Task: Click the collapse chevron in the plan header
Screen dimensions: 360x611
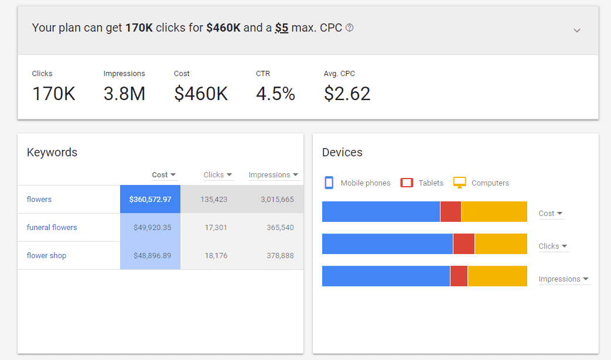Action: (x=577, y=30)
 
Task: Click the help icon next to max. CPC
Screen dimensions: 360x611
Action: (x=350, y=28)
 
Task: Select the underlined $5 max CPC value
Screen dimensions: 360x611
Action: (x=281, y=28)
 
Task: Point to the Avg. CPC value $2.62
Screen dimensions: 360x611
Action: (x=347, y=94)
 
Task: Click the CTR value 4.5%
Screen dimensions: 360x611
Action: (x=275, y=94)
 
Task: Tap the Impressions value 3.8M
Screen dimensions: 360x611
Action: (x=124, y=94)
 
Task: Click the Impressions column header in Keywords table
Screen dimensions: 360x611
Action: (x=273, y=174)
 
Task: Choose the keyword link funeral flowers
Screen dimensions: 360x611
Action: (x=52, y=227)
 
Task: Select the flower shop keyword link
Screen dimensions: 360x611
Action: (x=46, y=255)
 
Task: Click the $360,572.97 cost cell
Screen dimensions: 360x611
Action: (x=150, y=200)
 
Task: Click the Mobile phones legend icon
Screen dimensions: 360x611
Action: (x=329, y=183)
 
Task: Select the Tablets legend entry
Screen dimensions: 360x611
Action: (x=422, y=183)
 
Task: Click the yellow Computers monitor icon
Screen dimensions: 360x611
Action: (x=460, y=183)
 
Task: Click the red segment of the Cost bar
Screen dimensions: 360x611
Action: (x=450, y=211)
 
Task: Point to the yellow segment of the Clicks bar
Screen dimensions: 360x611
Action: (x=501, y=244)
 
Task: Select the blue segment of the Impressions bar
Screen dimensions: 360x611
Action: (x=385, y=276)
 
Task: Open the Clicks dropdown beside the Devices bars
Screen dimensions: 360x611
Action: (x=553, y=246)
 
